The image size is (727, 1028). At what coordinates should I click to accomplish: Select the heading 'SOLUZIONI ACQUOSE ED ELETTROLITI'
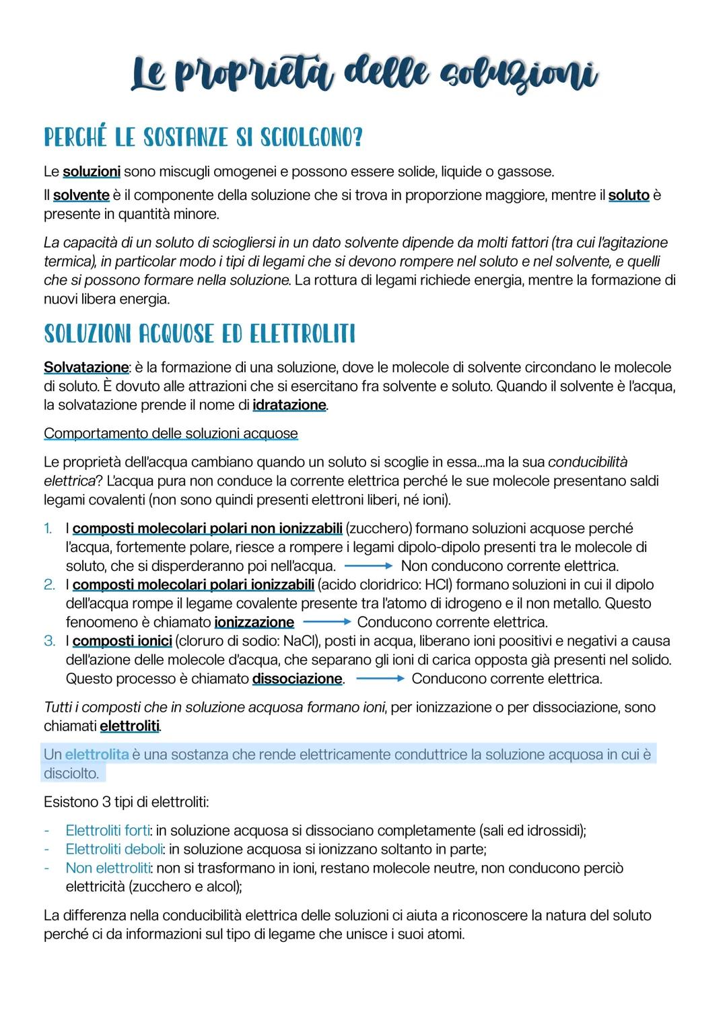[199, 334]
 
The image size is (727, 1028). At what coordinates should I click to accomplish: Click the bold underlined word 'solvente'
[81, 196]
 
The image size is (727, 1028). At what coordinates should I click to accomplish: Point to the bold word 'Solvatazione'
[85, 368]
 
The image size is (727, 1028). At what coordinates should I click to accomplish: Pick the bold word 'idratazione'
[289, 405]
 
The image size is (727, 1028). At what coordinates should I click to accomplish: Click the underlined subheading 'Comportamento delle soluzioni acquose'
[170, 434]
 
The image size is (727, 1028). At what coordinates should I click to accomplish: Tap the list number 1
[48, 528]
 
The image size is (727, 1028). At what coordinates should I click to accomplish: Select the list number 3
[49, 641]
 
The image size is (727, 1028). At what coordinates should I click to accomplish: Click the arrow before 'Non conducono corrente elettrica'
[368, 566]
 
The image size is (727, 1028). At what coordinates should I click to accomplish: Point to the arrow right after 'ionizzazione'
[326, 622]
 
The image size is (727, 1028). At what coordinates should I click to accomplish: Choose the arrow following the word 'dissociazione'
[380, 679]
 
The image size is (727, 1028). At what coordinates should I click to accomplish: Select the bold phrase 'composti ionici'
[122, 641]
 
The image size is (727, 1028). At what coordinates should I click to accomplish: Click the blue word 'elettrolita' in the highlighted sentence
[96, 755]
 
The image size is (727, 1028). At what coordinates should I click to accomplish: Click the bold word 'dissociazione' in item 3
[297, 679]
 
